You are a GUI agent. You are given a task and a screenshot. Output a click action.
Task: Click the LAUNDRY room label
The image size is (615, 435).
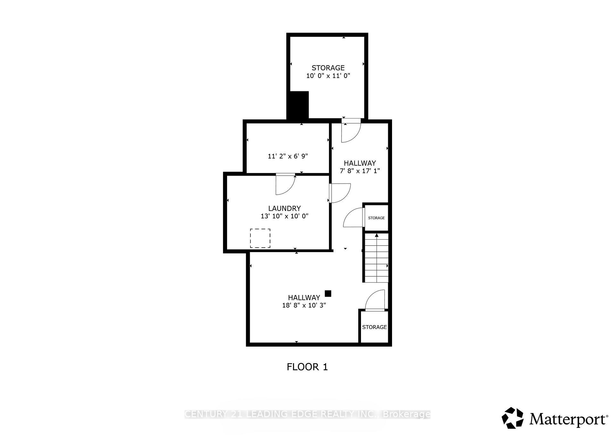(x=284, y=209)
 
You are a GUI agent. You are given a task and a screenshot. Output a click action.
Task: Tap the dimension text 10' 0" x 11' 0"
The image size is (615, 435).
(x=328, y=76)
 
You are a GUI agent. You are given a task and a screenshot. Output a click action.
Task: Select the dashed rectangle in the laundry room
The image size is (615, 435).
(x=260, y=238)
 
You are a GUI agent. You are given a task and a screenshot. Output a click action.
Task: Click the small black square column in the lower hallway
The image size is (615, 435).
(x=328, y=293)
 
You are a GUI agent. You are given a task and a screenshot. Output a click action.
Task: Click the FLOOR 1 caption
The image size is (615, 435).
(x=307, y=367)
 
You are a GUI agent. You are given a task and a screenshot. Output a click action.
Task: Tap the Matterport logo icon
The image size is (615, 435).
(x=512, y=418)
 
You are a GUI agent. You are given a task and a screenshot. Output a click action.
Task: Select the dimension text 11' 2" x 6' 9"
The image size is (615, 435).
(x=288, y=156)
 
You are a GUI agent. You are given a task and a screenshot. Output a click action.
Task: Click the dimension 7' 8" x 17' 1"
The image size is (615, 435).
(x=360, y=171)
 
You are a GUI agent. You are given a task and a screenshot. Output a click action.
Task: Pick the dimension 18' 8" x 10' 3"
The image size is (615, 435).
(x=304, y=305)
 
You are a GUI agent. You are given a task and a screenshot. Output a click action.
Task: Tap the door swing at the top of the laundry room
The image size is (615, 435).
(x=285, y=185)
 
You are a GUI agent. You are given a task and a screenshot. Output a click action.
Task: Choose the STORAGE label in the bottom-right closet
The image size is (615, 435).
(x=374, y=327)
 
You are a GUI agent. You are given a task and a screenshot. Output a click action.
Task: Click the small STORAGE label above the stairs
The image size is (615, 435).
(x=376, y=218)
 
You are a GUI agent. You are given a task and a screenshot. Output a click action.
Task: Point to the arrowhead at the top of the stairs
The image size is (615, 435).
(x=377, y=235)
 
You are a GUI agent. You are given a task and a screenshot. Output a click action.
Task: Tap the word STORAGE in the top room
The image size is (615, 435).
(x=328, y=68)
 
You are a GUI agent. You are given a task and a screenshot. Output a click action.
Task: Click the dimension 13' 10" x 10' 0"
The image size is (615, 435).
(x=284, y=216)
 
